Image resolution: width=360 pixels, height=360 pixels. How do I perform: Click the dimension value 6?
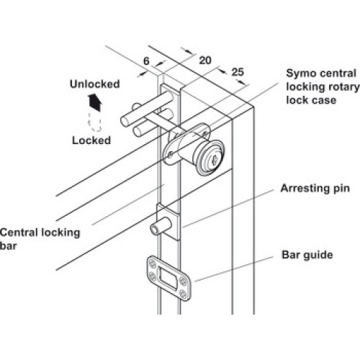[146, 61]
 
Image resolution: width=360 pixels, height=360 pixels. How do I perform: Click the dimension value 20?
[205, 60]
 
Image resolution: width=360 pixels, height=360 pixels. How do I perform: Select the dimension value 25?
[238, 72]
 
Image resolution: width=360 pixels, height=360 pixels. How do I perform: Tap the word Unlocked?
[95, 84]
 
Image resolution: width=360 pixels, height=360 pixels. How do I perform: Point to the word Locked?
[91, 140]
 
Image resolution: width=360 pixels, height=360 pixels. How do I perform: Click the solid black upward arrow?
[95, 103]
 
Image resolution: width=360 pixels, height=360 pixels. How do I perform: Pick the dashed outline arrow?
[95, 122]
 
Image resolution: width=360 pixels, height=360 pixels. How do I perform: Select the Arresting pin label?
[315, 189]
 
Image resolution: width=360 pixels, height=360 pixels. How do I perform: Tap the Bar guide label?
[307, 255]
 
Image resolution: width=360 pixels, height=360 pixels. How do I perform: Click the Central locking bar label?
[40, 239]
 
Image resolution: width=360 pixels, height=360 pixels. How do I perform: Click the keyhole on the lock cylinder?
[215, 160]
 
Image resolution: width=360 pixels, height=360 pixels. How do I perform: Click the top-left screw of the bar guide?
[153, 264]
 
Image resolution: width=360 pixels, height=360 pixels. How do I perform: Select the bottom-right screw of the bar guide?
[183, 294]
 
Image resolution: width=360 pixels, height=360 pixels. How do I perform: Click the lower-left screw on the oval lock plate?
[170, 155]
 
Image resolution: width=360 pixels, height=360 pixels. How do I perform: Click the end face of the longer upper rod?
[125, 121]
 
